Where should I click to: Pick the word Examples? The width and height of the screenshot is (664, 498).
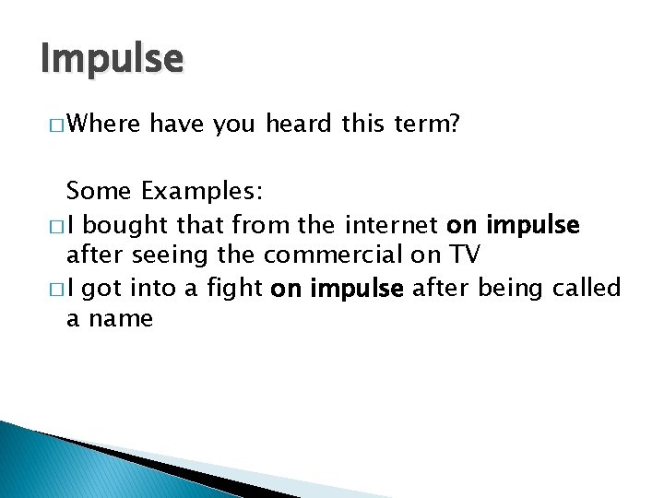click(202, 192)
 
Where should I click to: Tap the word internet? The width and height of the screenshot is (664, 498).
click(394, 224)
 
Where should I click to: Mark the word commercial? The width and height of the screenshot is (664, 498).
click(336, 255)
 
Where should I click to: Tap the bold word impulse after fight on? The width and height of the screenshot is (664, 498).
click(358, 288)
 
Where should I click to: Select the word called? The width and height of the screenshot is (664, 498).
click(587, 288)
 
